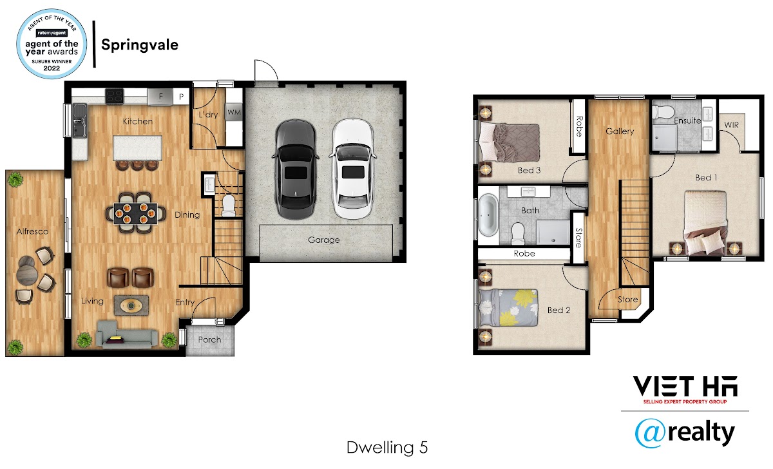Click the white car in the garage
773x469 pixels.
pyautogui.click(x=353, y=169)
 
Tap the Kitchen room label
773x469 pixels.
pyautogui.click(x=138, y=122)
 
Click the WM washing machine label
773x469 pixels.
pyautogui.click(x=234, y=112)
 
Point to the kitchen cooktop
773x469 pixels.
pyautogui.click(x=114, y=96)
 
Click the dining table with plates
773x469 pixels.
pyautogui.click(x=135, y=214)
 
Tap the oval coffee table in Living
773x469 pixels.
pyautogui.click(x=131, y=305)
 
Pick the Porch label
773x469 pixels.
pyautogui.click(x=209, y=340)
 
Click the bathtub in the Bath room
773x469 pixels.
pyautogui.click(x=488, y=215)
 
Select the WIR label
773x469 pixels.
pyautogui.click(x=732, y=125)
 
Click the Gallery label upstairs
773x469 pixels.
pyautogui.click(x=620, y=131)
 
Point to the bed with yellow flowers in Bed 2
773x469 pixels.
pyautogui.click(x=508, y=308)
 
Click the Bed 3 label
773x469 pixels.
pyautogui.click(x=529, y=170)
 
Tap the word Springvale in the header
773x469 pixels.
pyautogui.click(x=140, y=45)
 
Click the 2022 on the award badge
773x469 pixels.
pyautogui.click(x=52, y=68)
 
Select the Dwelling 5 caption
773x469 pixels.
pyautogui.click(x=387, y=448)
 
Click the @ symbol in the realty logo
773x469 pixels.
pyautogui.click(x=650, y=434)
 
